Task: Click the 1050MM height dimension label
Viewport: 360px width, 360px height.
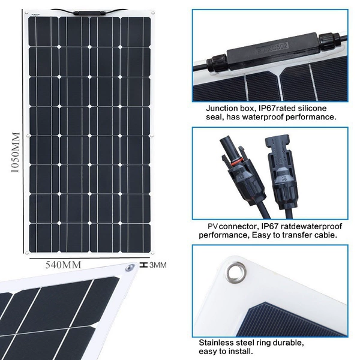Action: (15, 152)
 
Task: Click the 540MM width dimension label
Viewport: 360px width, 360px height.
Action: (63, 265)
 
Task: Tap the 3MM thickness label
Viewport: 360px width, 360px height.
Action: (158, 265)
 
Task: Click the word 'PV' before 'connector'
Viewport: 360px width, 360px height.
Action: (212, 226)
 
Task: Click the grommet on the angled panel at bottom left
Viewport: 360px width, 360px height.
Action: (130, 268)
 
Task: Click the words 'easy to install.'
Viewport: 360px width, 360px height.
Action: (226, 352)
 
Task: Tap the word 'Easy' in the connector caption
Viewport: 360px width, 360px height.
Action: (261, 235)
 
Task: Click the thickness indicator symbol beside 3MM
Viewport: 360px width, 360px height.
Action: (143, 265)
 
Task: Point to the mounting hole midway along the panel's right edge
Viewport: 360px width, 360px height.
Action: (152, 136)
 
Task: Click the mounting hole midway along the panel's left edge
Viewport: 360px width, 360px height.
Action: (28, 136)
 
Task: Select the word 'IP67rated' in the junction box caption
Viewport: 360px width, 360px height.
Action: (277, 109)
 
